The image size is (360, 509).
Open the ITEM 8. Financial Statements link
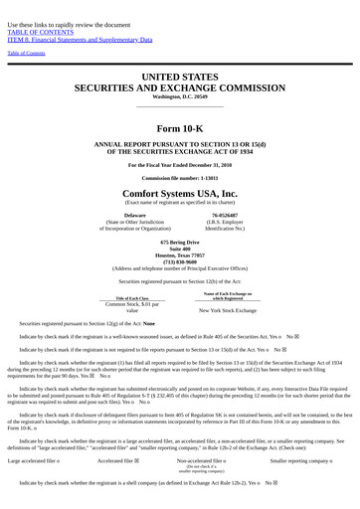click(80, 39)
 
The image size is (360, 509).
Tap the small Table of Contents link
click(26, 53)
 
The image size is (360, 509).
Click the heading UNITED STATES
click(180, 76)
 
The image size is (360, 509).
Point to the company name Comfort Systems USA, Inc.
click(180, 193)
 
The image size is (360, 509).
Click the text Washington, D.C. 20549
click(180, 96)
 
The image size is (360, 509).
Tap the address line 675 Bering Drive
click(180, 242)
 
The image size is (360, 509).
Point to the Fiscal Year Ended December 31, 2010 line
click(180, 163)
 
